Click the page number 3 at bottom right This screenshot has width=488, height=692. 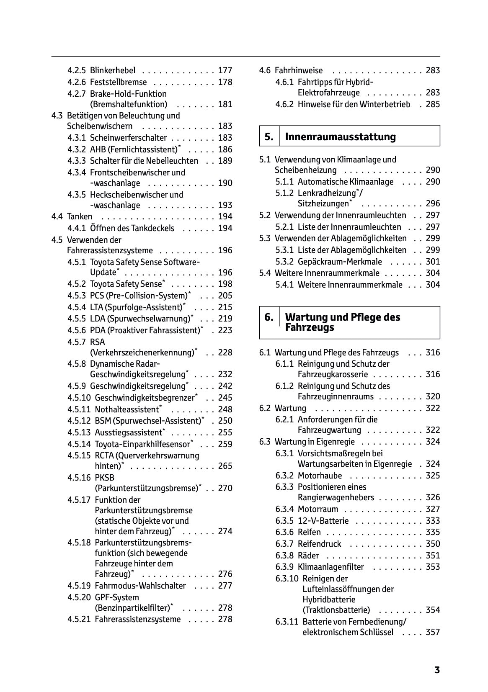point(437,670)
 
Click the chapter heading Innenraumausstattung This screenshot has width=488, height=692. point(340,136)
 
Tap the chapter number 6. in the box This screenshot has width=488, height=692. point(269,317)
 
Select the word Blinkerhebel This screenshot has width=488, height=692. point(112,70)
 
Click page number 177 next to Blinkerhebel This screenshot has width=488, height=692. point(225,70)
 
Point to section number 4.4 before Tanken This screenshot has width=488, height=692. point(57,216)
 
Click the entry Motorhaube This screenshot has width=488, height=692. point(320,476)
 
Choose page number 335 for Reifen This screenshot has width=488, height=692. point(433,532)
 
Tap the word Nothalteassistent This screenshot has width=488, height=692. point(127,409)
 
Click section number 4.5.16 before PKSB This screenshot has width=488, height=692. point(79,478)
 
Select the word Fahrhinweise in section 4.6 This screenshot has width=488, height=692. point(299,70)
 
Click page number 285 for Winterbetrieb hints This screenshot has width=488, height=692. point(433,104)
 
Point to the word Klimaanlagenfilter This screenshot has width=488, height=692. point(331,567)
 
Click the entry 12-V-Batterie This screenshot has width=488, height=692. point(323,521)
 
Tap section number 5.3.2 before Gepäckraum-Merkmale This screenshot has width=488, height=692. point(284,262)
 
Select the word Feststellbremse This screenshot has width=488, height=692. point(118,82)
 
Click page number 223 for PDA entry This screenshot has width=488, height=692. point(225,330)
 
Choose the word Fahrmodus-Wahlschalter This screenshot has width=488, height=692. point(140,586)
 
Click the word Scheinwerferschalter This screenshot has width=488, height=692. point(128,138)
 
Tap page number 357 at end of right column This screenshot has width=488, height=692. point(433,632)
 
